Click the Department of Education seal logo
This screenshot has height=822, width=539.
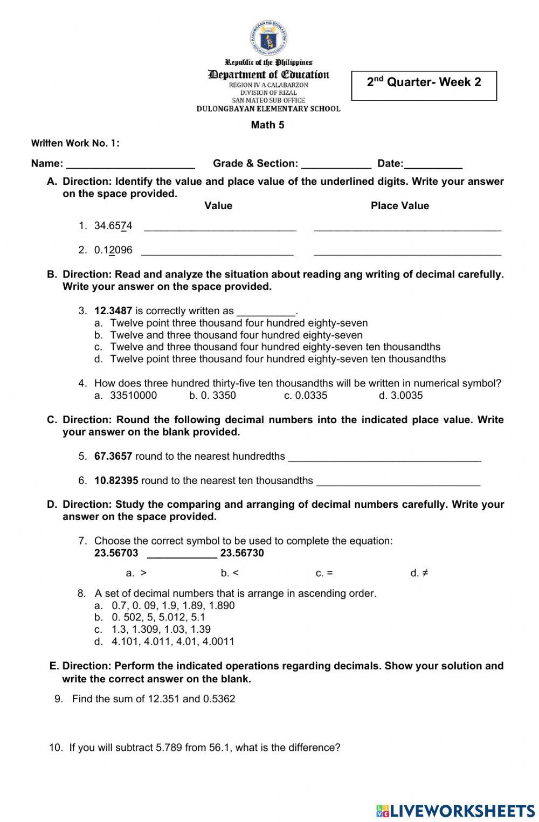point(268,39)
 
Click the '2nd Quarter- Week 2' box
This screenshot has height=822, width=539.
point(424,85)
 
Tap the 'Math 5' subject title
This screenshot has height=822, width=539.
point(267,125)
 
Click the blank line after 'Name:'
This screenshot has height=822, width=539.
point(130,164)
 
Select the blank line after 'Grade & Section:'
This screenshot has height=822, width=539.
point(336,164)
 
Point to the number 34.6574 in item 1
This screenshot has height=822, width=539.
point(113,226)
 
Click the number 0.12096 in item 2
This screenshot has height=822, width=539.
point(113,250)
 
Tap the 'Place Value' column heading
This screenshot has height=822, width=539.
point(399,206)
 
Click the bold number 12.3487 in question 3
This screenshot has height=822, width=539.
point(113,311)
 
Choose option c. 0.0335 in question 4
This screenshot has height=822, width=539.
point(306,396)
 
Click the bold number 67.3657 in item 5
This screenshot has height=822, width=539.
point(113,457)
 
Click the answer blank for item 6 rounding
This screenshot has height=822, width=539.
point(398,481)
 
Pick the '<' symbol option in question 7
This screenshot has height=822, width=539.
point(230,573)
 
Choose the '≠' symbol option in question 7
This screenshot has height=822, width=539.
point(419,573)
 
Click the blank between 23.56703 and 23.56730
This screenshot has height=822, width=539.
point(182,554)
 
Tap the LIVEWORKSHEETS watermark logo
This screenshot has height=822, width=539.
point(455,811)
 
